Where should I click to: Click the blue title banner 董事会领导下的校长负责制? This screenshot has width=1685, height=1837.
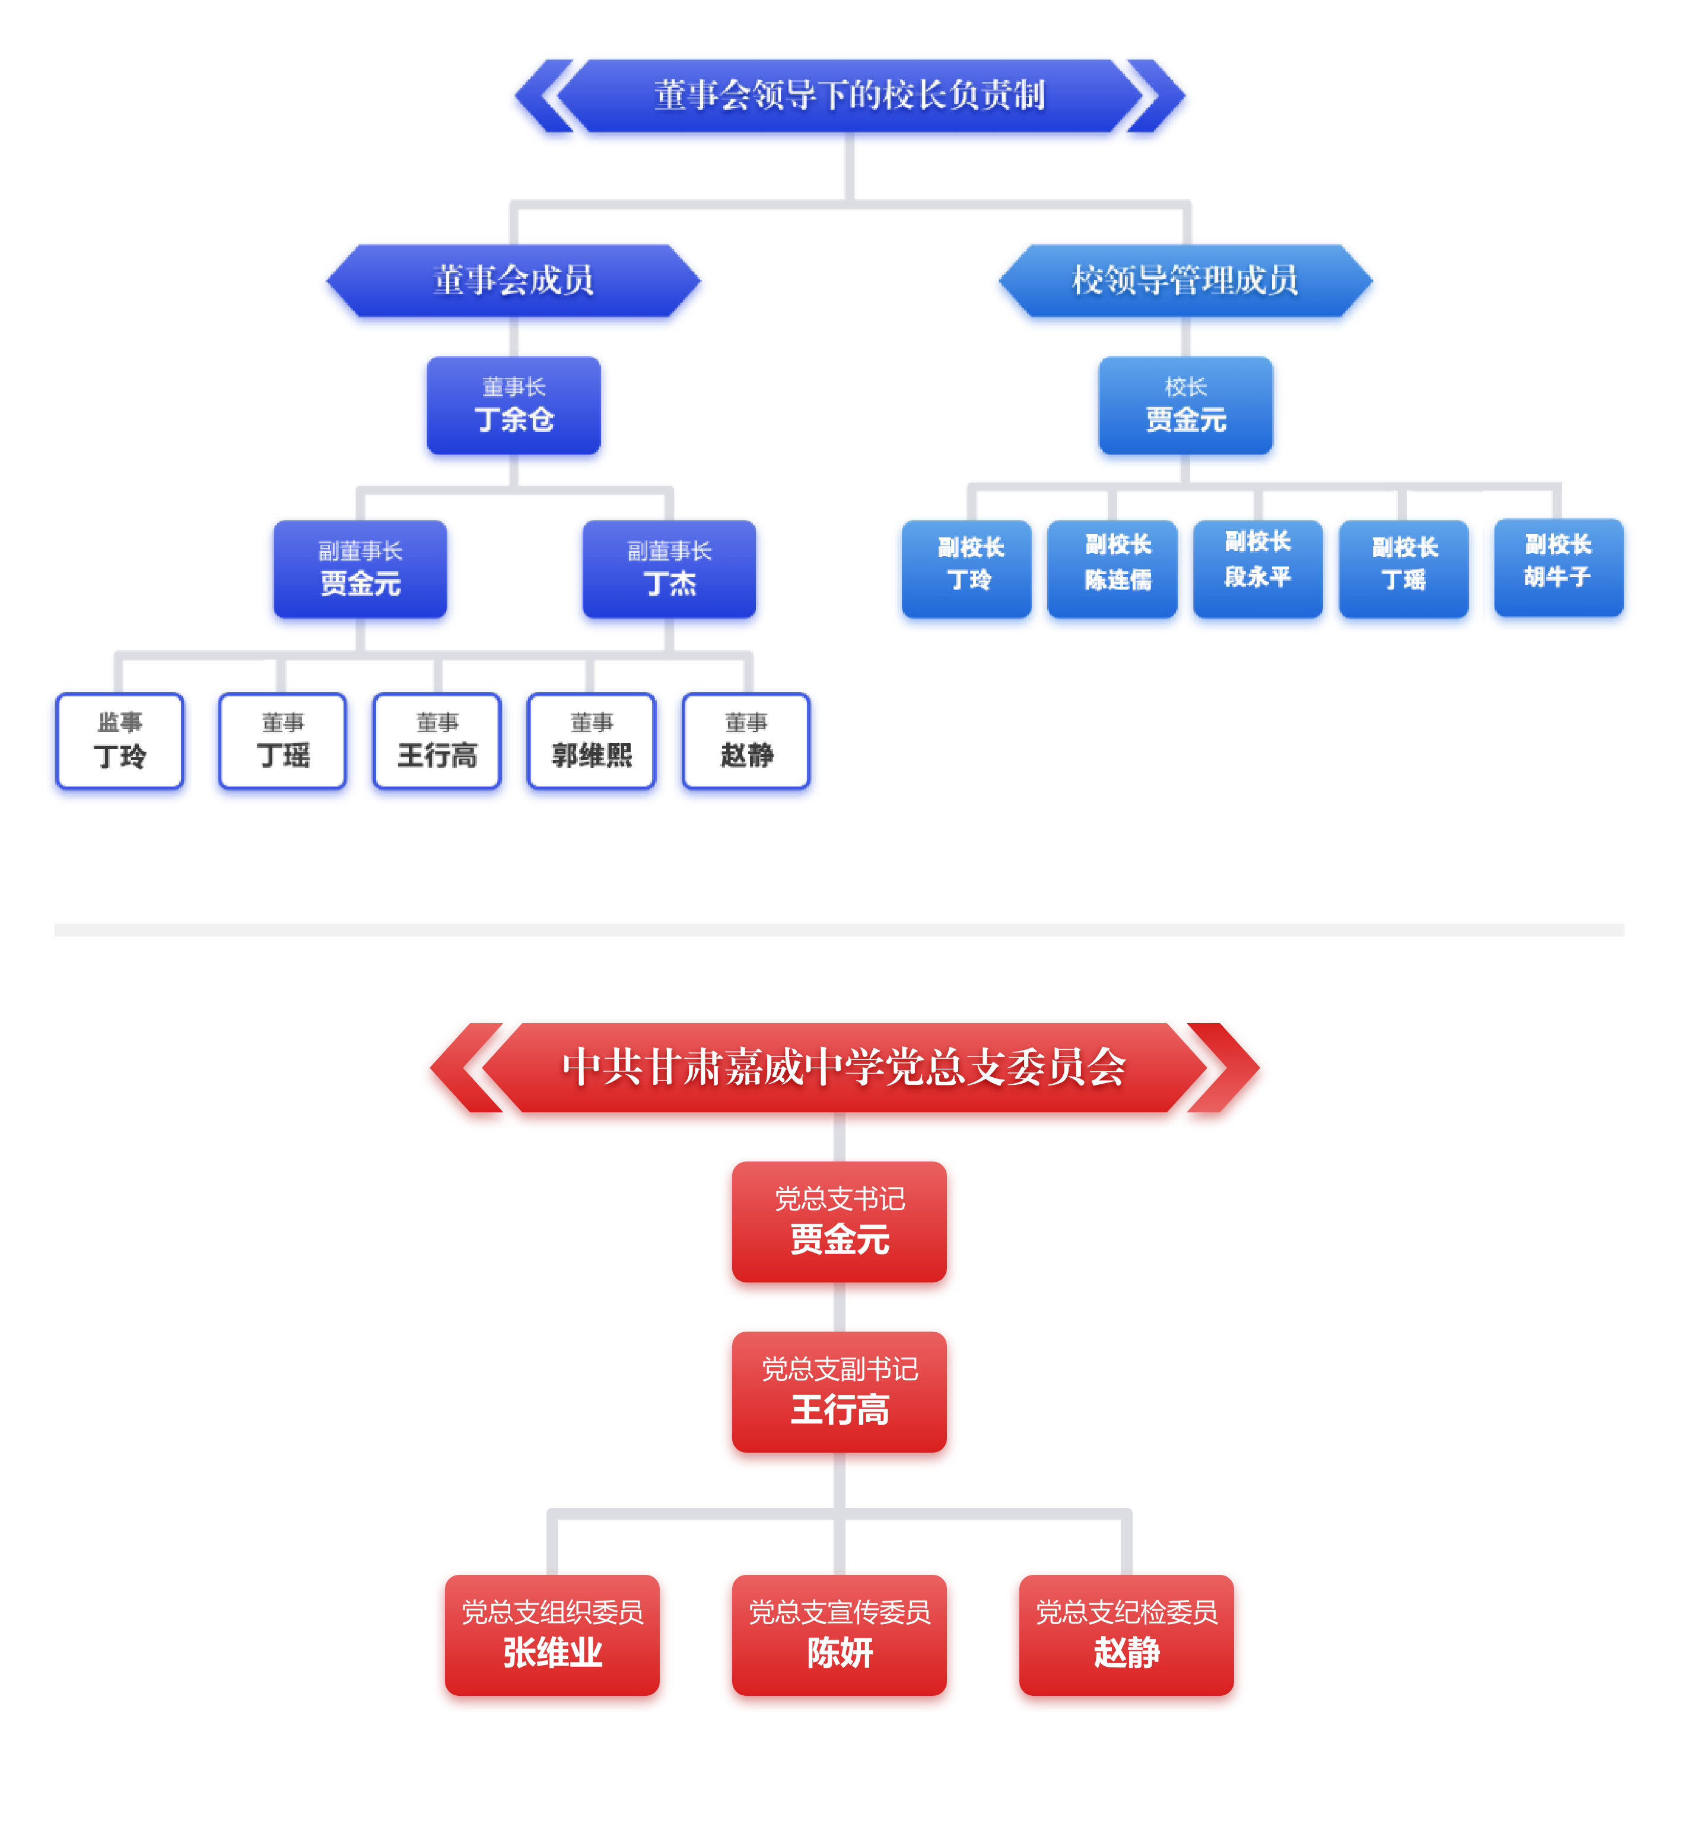coord(849,95)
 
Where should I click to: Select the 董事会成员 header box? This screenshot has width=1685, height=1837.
coord(513,281)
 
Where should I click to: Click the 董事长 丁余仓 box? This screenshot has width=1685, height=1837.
coord(513,405)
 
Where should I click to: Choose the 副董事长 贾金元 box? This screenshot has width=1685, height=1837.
coord(360,569)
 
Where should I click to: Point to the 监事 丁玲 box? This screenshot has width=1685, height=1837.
coord(119,740)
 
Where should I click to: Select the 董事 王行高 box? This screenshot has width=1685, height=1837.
coord(437,740)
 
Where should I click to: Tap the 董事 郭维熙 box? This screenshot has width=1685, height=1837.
coord(591,740)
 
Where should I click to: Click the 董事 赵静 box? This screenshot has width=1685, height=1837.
coord(746,740)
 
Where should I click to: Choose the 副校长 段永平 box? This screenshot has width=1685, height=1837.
coord(1257,569)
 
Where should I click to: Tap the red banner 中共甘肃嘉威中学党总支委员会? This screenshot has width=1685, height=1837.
coord(844,1066)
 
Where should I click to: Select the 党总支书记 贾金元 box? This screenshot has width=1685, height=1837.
coord(839,1222)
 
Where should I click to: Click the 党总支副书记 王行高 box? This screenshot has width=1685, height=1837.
coord(839,1391)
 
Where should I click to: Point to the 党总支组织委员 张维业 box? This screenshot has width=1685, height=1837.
coord(552,1635)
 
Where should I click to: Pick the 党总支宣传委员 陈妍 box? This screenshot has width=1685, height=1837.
coord(839,1635)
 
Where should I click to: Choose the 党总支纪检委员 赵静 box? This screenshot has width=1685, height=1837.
coord(1126,1635)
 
